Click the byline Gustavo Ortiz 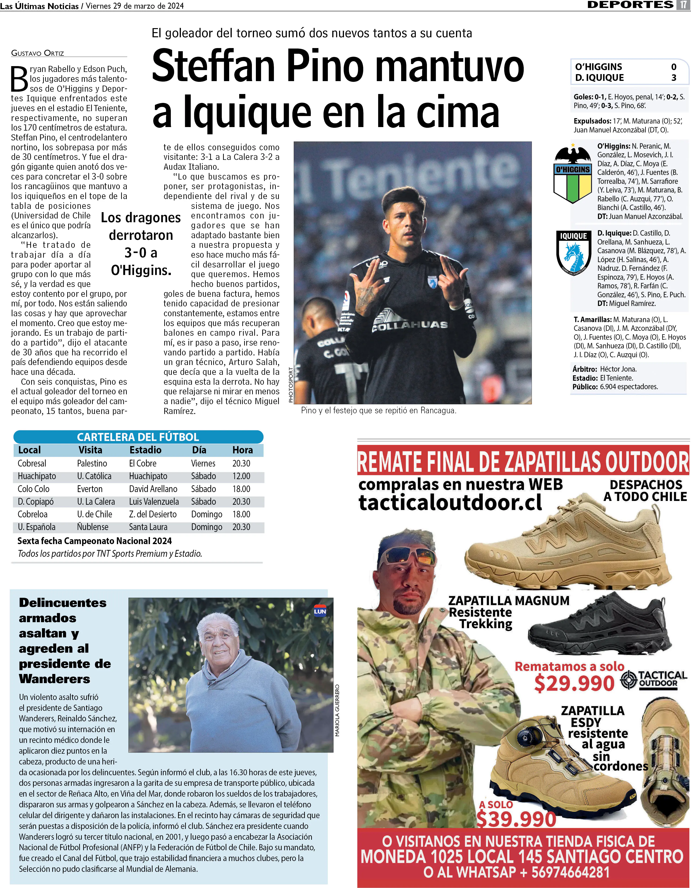(37, 53)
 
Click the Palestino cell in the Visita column (92, 463)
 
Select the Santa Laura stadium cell (148, 527)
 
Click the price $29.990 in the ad (574, 684)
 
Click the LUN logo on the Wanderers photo (320, 612)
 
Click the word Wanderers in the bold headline (54, 679)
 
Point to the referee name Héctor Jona (618, 369)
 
